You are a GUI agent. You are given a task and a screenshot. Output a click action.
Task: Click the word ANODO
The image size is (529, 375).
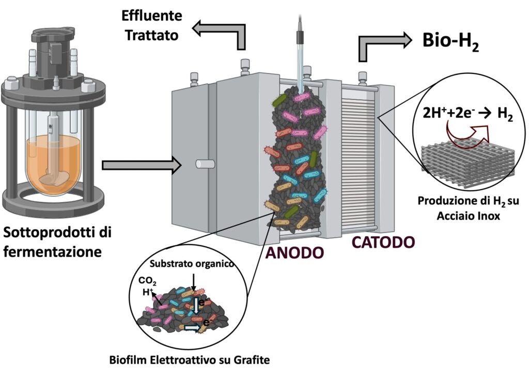(x=294, y=253)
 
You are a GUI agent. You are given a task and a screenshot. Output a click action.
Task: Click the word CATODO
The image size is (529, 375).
(x=383, y=242)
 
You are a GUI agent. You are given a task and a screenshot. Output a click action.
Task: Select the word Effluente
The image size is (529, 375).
(x=151, y=15)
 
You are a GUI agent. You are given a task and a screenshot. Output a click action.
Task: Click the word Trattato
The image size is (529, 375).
(x=152, y=35)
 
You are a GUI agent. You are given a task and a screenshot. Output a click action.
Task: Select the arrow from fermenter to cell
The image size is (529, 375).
(x=142, y=165)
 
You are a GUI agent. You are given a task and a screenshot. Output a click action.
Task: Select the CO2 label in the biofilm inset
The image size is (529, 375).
(x=147, y=281)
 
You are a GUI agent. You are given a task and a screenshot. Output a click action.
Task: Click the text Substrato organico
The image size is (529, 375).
(x=192, y=263)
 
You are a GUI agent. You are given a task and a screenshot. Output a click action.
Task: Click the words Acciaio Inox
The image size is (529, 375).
(x=468, y=216)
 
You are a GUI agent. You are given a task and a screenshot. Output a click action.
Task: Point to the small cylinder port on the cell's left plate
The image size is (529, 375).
(x=205, y=164)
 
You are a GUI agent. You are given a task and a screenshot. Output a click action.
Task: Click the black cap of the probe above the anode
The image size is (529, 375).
(x=301, y=38)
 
